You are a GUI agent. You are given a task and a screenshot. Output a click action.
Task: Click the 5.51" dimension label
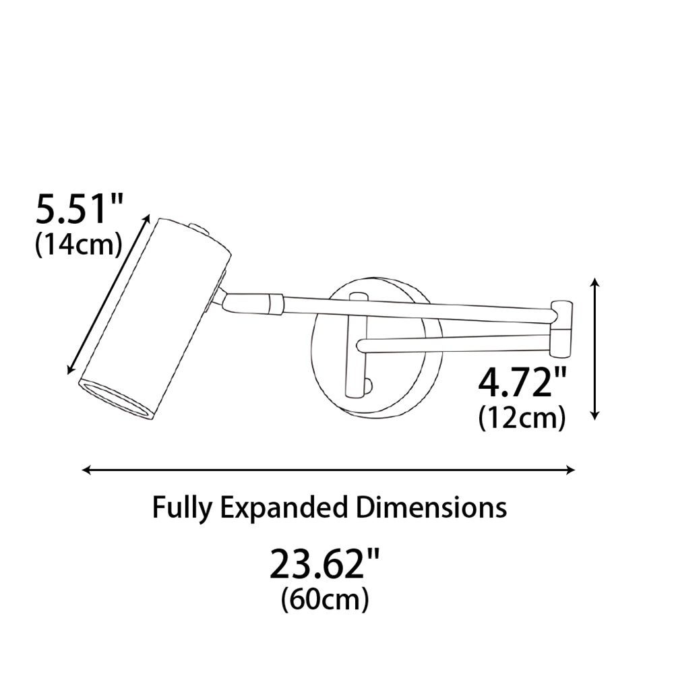tap(80, 210)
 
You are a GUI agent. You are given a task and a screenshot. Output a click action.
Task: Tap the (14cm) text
tap(78, 246)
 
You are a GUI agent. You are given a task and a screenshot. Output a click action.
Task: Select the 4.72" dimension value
tap(522, 383)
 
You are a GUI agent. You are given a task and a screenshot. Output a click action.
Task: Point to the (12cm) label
tap(522, 418)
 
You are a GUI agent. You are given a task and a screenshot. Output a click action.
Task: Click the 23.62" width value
tap(325, 563)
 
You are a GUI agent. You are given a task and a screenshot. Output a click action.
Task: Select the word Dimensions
tap(431, 508)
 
